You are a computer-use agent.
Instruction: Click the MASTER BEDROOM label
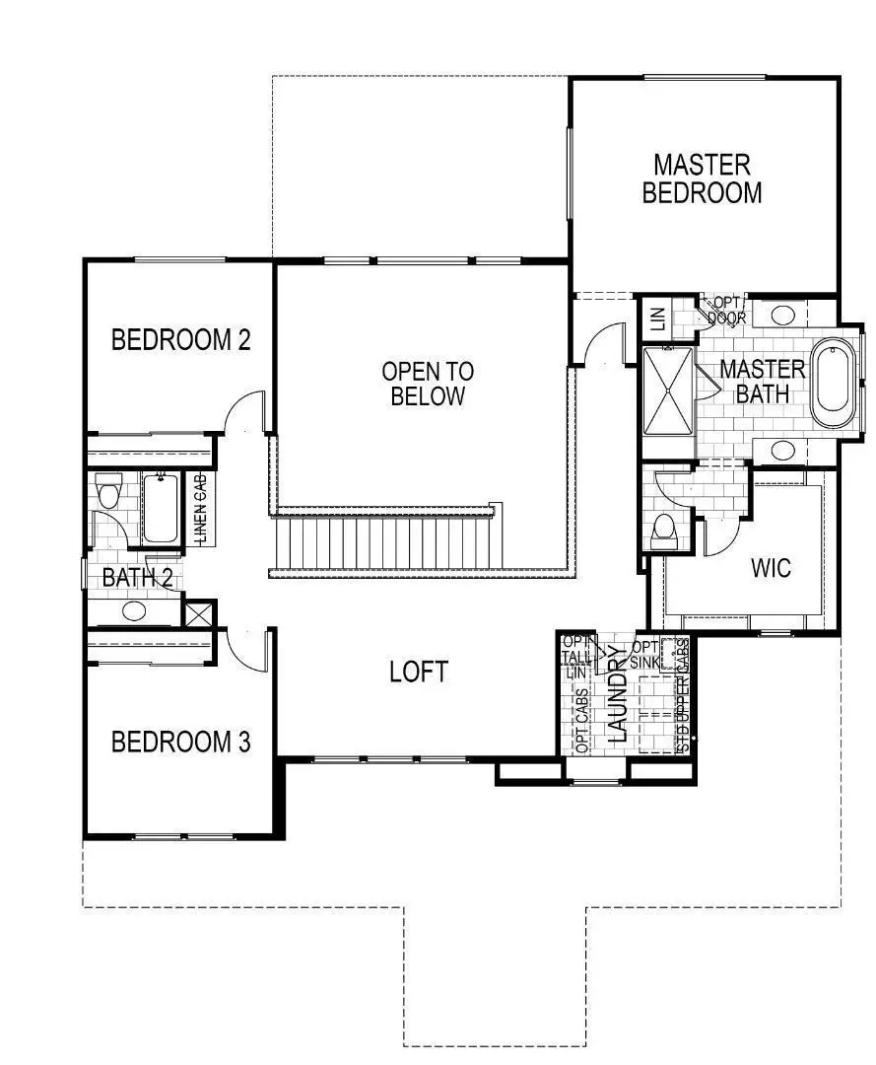point(702,178)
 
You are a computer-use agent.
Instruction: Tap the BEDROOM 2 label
point(180,340)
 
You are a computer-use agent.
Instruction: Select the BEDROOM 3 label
point(180,742)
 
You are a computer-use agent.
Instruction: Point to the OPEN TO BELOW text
point(428,385)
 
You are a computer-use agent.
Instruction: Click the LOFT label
point(419,673)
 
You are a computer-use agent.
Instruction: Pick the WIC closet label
point(771,569)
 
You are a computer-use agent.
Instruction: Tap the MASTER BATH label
point(762,382)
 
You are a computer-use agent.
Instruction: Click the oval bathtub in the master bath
point(835,383)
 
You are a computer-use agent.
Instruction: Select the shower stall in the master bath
point(669,390)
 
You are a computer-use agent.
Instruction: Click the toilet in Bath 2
point(107,489)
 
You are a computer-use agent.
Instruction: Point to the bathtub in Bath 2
point(161,508)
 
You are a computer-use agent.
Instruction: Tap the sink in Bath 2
point(133,611)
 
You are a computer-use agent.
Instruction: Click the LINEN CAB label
point(200,509)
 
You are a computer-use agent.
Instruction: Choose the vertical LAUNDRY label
point(618,693)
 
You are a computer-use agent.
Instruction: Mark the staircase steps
point(384,543)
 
